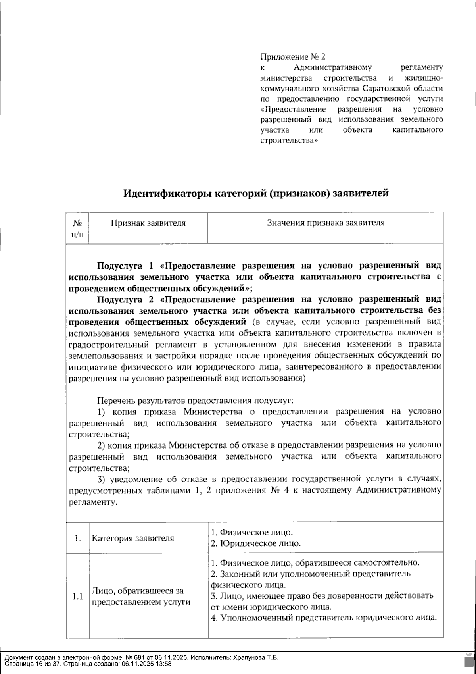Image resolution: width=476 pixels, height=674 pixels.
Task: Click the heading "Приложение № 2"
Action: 293,57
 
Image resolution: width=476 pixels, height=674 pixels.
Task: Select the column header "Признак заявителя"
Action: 148,223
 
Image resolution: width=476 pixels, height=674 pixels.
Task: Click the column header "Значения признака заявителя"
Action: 326,223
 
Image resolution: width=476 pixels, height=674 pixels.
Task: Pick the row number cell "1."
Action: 78,539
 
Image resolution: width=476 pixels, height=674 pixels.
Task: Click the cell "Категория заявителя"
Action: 133,539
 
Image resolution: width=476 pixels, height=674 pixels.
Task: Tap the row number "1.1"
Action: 78,597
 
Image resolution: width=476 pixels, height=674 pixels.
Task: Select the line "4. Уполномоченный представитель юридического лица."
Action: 324,618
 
